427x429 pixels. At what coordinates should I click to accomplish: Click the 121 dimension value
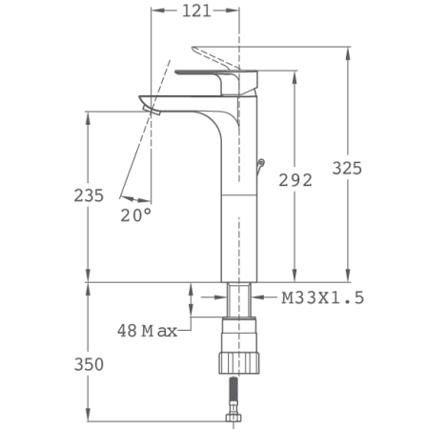196,11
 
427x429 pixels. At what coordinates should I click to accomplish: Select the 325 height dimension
347,168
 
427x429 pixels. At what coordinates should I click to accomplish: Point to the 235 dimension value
89,194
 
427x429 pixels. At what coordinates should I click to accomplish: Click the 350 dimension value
89,364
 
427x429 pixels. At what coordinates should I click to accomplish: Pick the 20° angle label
135,215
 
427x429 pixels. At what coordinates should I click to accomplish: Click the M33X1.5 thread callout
322,298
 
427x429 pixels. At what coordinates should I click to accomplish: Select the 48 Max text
148,331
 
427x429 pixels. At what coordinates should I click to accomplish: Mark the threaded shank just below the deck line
239,297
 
